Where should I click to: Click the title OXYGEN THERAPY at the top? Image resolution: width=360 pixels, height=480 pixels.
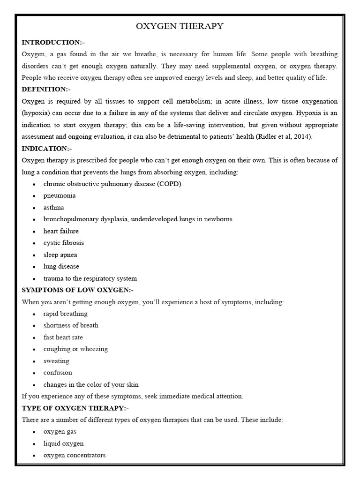[180, 26]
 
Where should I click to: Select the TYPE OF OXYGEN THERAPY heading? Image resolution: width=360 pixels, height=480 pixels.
[75, 408]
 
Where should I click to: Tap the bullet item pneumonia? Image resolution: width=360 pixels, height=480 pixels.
[60, 195]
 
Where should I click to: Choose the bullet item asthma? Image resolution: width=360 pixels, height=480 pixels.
[54, 207]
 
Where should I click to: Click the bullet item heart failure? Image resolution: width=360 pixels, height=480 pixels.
[61, 231]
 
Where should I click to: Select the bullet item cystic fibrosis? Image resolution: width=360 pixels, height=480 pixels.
[64, 243]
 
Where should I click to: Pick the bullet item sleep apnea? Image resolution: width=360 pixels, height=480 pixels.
[60, 255]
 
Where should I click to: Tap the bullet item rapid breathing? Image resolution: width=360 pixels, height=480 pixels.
[66, 314]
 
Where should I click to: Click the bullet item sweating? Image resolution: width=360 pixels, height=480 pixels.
[56, 361]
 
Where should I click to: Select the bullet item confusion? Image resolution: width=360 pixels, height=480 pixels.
[58, 373]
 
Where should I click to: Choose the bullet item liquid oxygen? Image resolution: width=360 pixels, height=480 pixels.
[64, 443]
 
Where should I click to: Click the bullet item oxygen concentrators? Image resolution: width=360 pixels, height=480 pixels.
[75, 455]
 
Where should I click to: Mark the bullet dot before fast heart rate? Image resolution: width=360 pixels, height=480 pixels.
[34, 337]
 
